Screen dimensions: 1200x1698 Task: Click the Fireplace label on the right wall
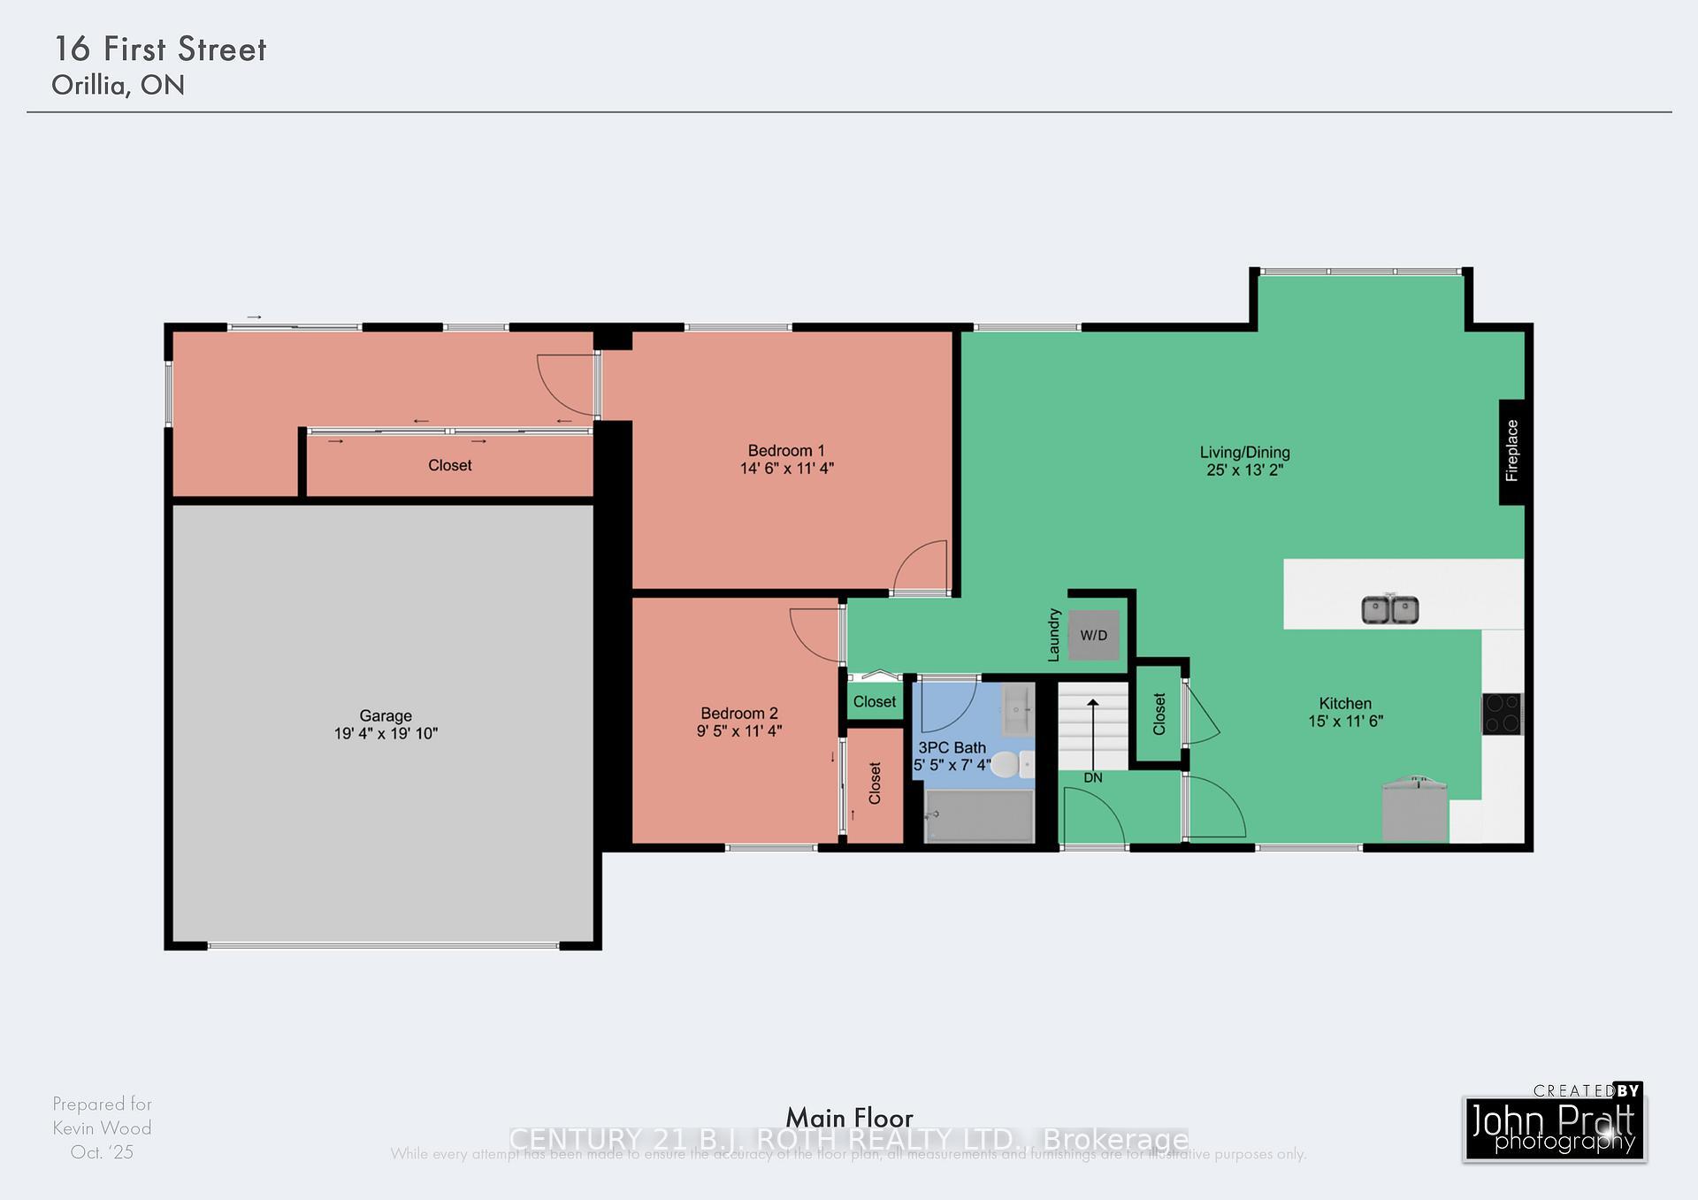[x=1511, y=451]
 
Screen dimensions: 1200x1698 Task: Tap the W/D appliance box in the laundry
[x=1093, y=635]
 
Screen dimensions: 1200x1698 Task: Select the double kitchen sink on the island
[x=1389, y=609]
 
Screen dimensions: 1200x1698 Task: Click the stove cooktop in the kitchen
[x=1502, y=714]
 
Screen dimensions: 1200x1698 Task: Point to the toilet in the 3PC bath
[x=1011, y=764]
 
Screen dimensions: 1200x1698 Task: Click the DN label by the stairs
[x=1093, y=778]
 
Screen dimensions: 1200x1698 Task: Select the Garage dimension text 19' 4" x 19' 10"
[x=386, y=733]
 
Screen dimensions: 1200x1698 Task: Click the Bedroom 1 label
[x=785, y=451]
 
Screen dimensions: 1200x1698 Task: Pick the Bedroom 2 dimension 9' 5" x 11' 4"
[x=739, y=731]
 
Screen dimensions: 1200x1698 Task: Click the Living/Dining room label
[x=1244, y=452]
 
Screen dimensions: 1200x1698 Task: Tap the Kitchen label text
[x=1345, y=703]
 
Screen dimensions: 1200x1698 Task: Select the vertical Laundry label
[x=1053, y=634]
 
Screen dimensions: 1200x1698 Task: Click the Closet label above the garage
[x=449, y=465]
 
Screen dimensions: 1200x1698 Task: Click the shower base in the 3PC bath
[x=979, y=816]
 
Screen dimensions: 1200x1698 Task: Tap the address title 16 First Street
[x=160, y=50]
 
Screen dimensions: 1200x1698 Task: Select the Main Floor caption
[x=849, y=1117]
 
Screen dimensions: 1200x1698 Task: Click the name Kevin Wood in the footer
[x=102, y=1127]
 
